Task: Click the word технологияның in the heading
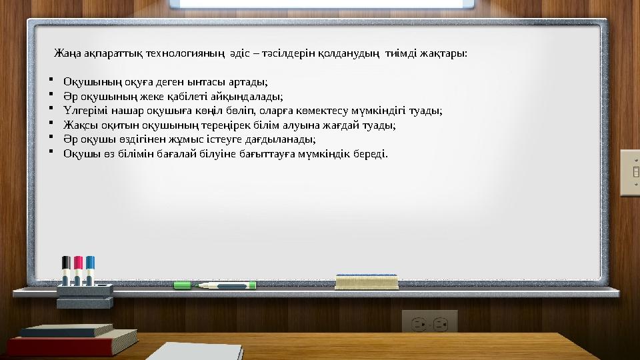pos(185,53)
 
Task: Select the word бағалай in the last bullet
pos(177,154)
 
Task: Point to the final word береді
pos(370,154)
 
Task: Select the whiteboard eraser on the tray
pos(366,281)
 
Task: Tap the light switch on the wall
pos(630,172)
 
